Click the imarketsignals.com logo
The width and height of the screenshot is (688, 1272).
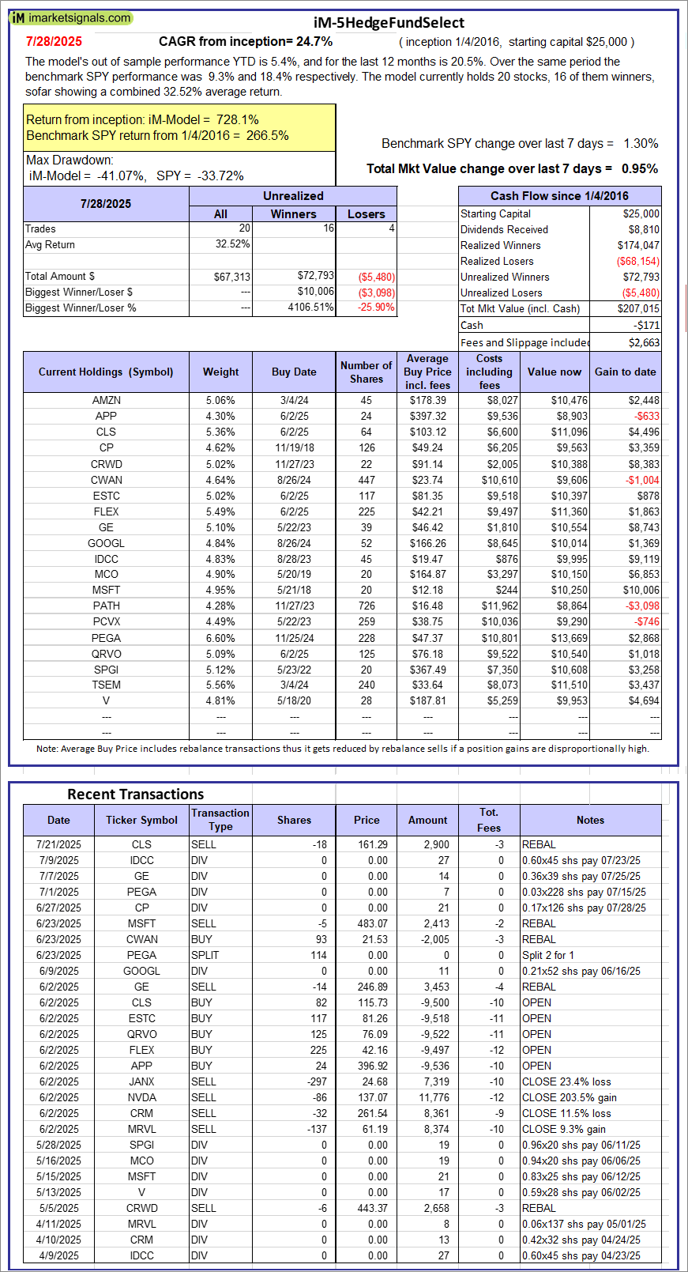click(71, 17)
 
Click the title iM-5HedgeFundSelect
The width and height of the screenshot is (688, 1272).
click(389, 23)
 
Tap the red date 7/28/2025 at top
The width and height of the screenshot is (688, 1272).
click(54, 42)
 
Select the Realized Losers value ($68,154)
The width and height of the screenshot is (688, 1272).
click(637, 261)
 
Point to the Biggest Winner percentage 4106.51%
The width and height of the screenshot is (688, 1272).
click(311, 308)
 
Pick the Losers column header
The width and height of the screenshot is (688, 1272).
click(366, 214)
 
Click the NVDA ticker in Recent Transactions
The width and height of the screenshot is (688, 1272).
click(141, 1097)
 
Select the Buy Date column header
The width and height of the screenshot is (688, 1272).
click(294, 372)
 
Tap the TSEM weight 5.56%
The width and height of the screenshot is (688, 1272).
click(220, 685)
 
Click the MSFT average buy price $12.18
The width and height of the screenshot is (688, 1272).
click(427, 590)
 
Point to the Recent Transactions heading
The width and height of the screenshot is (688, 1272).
click(135, 795)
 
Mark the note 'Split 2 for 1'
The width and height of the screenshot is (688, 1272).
click(548, 955)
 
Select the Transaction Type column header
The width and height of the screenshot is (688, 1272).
click(220, 820)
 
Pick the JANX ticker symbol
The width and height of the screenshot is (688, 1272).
click(141, 1081)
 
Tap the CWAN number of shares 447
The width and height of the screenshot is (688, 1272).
click(367, 480)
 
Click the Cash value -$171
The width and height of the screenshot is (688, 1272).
click(646, 325)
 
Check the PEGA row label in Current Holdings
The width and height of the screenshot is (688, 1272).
click(106, 638)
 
